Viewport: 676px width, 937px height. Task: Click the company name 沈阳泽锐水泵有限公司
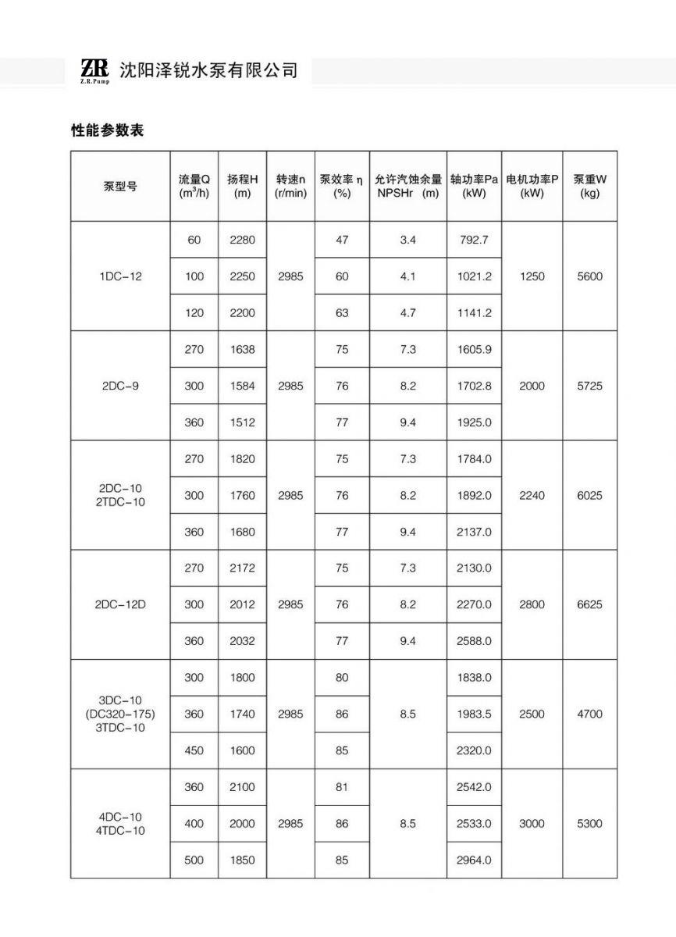pyautogui.click(x=208, y=70)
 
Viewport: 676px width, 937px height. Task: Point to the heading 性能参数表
pyautogui.click(x=108, y=130)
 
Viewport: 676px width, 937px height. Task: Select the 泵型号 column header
pyautogui.click(x=120, y=187)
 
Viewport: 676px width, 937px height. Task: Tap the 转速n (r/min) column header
pyautogui.click(x=290, y=186)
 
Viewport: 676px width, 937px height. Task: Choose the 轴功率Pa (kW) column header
pyautogui.click(x=474, y=186)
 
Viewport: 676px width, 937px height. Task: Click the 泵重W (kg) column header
pyautogui.click(x=589, y=186)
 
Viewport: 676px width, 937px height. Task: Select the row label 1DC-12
pyautogui.click(x=121, y=276)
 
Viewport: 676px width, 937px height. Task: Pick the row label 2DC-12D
pyautogui.click(x=121, y=604)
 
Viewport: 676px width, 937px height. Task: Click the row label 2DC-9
pyautogui.click(x=121, y=386)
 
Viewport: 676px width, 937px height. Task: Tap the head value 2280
pyautogui.click(x=242, y=240)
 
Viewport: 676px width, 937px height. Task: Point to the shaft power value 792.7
pyautogui.click(x=474, y=240)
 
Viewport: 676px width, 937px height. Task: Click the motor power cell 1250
pyautogui.click(x=532, y=276)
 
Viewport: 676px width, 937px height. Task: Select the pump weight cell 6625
pyautogui.click(x=589, y=604)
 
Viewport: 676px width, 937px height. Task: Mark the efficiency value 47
pyautogui.click(x=342, y=240)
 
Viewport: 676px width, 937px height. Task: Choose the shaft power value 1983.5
pyautogui.click(x=474, y=714)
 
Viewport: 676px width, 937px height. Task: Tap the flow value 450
pyautogui.click(x=194, y=750)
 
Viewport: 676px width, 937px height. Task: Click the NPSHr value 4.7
pyautogui.click(x=407, y=313)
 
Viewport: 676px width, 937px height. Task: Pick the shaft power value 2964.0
pyautogui.click(x=474, y=860)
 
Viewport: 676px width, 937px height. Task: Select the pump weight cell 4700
pyautogui.click(x=589, y=714)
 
